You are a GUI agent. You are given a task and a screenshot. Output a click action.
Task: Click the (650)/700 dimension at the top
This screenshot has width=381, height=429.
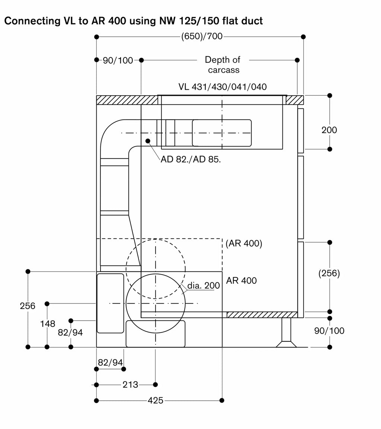202,36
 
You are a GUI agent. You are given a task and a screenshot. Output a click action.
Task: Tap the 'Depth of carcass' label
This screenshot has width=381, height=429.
223,65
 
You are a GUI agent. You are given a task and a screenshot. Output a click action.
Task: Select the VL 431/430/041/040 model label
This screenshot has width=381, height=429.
222,87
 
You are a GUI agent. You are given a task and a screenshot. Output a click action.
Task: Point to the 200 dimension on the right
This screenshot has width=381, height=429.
329,130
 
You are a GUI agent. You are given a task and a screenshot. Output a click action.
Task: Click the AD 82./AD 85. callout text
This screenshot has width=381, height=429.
190,159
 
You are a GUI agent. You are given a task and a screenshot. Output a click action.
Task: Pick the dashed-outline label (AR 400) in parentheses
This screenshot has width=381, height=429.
244,243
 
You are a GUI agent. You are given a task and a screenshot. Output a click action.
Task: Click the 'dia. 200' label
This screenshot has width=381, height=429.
204,286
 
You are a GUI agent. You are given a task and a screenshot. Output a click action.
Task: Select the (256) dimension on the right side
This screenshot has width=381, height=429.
329,273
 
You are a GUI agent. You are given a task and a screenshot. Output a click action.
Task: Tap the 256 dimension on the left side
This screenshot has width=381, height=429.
28,306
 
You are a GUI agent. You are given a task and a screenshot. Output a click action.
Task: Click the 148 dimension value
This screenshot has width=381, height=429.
48,324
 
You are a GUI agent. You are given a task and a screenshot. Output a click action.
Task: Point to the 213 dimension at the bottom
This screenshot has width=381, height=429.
130,385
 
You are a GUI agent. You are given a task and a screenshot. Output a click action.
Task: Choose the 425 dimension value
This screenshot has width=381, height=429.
156,401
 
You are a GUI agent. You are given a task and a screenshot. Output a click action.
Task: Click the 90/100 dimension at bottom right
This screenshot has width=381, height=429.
329,331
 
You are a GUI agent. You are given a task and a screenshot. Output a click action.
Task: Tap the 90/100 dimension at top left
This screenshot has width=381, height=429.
118,60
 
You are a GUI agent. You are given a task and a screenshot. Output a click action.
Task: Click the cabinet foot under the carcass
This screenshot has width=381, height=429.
286,333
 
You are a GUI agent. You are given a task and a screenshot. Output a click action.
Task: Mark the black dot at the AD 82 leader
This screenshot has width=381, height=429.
148,141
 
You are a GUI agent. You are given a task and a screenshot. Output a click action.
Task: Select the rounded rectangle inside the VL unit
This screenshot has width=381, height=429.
222,133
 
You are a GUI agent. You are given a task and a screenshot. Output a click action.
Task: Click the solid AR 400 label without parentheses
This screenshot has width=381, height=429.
241,280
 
